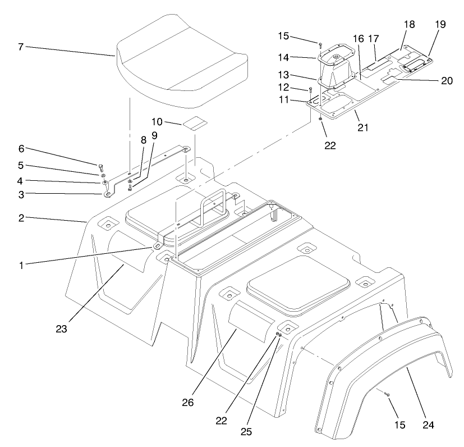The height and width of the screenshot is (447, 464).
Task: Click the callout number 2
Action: (21, 217)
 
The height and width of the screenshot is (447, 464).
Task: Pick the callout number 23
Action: (62, 329)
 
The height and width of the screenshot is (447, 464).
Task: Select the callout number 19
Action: (440, 24)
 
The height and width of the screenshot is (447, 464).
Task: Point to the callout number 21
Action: (363, 127)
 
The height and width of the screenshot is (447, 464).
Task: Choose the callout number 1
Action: (21, 264)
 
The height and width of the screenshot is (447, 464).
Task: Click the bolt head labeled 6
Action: (100, 167)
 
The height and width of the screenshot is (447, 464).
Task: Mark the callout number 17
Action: (374, 39)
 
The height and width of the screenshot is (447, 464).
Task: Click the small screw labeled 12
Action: (310, 89)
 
